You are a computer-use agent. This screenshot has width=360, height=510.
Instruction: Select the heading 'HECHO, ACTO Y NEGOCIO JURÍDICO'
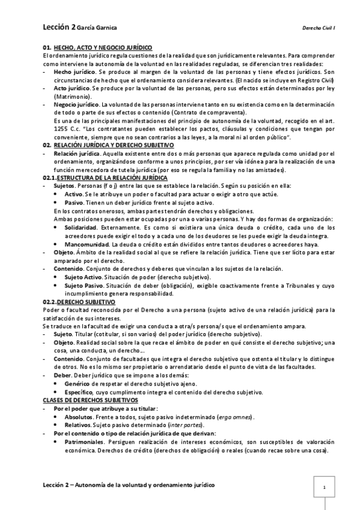pos(103,47)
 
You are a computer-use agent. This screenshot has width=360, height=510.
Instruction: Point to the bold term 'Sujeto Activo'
pos(83,277)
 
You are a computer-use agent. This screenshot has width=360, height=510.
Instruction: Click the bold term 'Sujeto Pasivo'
pos(83,285)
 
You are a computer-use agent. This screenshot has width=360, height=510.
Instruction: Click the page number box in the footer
pos(324,487)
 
